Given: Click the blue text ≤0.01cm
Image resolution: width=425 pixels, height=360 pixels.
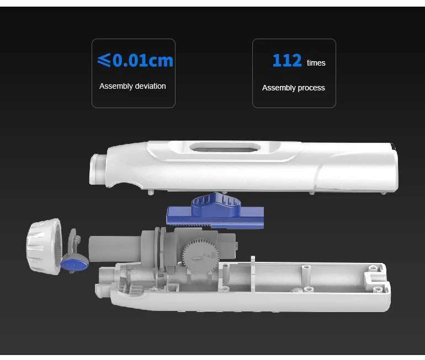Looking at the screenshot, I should point(135,60).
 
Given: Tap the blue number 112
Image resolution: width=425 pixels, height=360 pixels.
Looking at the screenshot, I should point(287,61).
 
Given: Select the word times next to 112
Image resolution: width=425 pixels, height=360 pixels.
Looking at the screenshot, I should point(316,63).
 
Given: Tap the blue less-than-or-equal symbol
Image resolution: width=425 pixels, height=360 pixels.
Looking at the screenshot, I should point(104,60).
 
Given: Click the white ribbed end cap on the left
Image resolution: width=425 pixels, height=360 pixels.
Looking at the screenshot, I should point(43,248).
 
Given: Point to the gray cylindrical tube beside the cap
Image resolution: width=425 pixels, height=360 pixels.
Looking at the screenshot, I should point(113,249).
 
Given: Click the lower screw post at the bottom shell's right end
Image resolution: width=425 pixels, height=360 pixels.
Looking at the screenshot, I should point(378,289).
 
